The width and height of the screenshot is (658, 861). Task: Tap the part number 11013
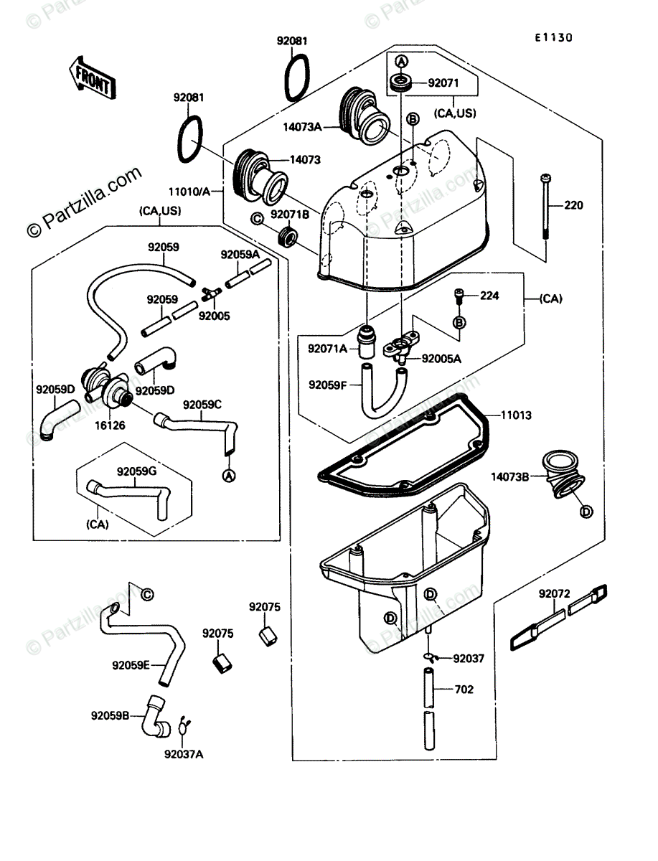click(516, 415)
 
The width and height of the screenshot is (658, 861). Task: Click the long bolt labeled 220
click(547, 208)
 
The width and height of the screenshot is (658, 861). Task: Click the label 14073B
click(511, 476)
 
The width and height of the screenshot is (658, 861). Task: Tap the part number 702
click(464, 690)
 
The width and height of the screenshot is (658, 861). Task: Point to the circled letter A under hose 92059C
click(228, 476)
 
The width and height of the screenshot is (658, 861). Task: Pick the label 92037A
click(183, 754)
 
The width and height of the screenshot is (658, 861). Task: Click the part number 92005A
click(441, 357)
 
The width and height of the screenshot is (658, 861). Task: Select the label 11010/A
click(189, 192)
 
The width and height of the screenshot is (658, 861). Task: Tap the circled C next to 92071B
click(256, 218)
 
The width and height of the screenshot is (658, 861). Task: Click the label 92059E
click(131, 665)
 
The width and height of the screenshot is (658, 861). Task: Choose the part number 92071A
click(327, 349)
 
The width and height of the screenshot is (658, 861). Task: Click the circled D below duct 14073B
click(586, 511)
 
